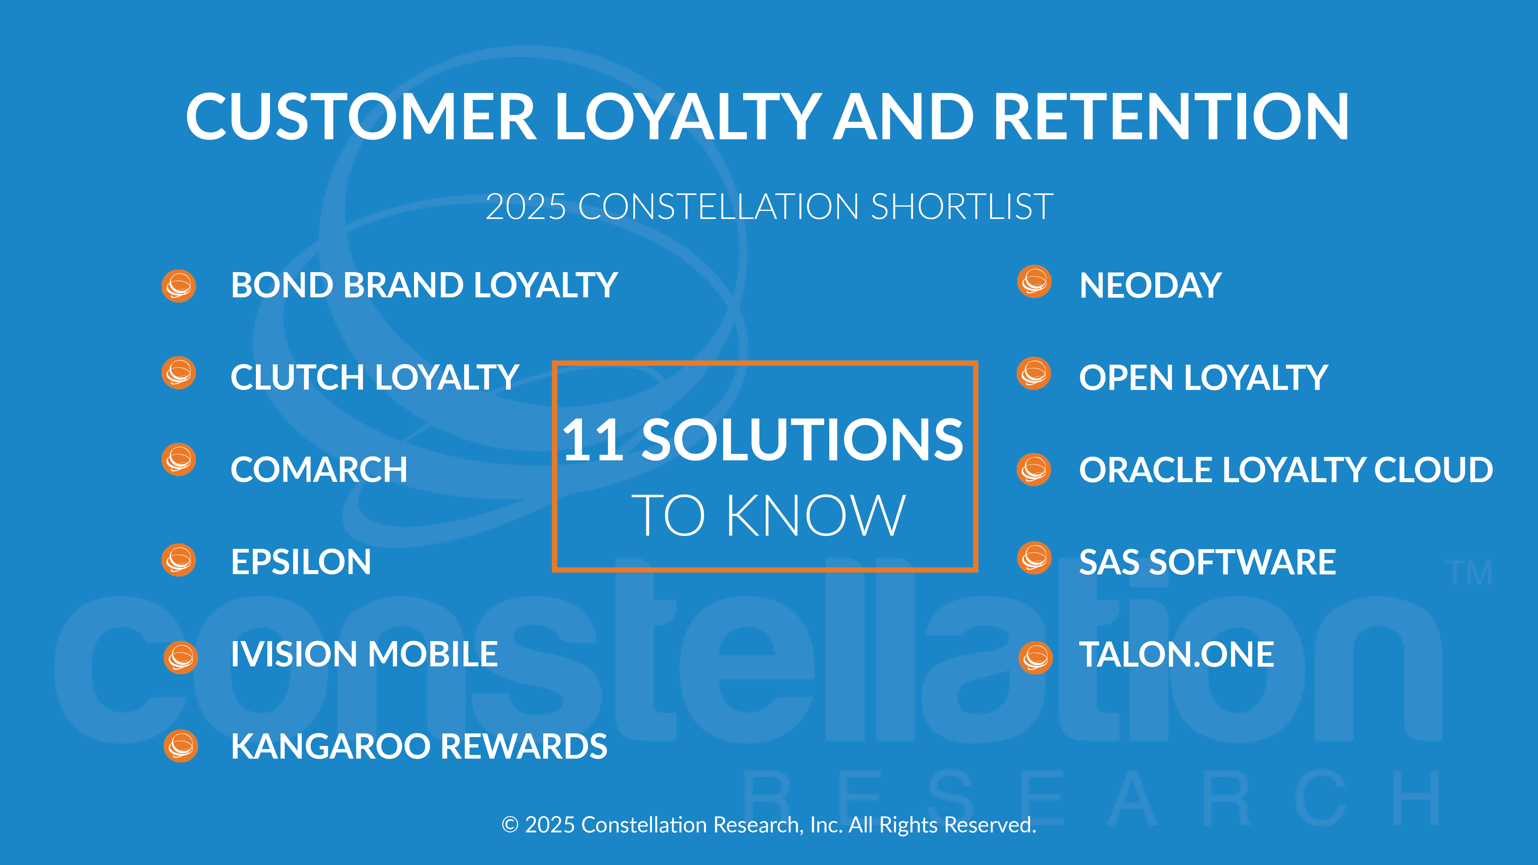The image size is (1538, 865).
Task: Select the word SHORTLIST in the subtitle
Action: pyautogui.click(x=962, y=207)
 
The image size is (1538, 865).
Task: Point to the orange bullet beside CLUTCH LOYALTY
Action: pyautogui.click(x=178, y=373)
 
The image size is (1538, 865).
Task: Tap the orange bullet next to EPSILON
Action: pyautogui.click(x=178, y=560)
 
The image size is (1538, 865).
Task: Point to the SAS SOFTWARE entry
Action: pyautogui.click(x=1207, y=562)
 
